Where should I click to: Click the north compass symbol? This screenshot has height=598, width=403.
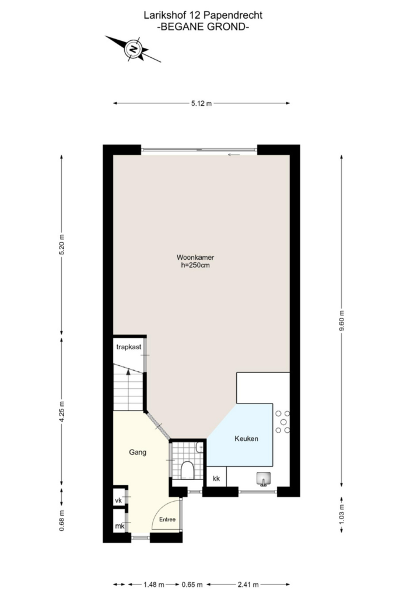coord(133,49)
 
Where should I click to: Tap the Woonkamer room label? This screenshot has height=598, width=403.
coord(195,258)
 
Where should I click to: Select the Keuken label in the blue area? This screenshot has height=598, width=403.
coord(246,439)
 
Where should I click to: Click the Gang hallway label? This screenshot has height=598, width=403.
coord(138,453)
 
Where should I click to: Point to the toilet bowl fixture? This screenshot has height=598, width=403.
coord(187,470)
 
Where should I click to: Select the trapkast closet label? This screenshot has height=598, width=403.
coord(129,347)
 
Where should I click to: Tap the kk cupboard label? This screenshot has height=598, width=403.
coord(216,479)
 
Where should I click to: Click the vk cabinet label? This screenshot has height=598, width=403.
coord(118,500)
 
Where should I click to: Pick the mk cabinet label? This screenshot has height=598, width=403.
coord(119,526)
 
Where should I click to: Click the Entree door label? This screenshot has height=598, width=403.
coord(167,519)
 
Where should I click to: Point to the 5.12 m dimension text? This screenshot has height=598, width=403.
coord(202,103)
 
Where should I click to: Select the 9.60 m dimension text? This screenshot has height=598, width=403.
coord(341,322)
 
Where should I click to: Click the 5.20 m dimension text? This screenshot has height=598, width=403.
coord(62,245)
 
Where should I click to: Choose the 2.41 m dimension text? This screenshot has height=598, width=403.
coord(248,585)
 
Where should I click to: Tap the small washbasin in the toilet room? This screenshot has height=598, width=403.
coord(199,447)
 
